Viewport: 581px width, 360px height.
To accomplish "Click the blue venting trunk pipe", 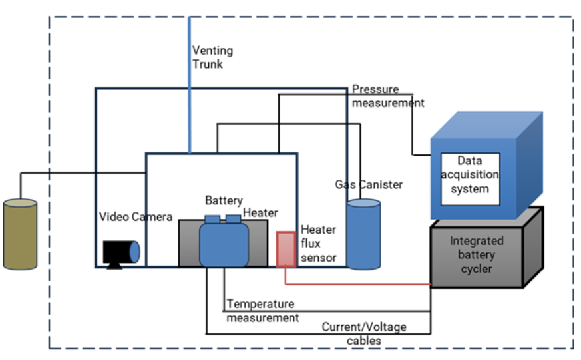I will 190,80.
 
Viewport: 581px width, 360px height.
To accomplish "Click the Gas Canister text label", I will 369,184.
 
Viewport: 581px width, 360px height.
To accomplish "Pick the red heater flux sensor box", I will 286,250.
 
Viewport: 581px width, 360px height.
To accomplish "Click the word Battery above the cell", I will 224,200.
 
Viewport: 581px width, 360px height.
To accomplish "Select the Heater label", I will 260,213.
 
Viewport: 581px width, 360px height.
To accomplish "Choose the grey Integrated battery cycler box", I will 477,256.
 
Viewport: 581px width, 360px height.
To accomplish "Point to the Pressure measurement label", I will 387,96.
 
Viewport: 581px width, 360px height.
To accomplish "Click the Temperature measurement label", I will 262,311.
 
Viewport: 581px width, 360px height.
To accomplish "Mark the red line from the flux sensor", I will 359,284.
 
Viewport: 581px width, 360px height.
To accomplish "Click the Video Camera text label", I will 136,216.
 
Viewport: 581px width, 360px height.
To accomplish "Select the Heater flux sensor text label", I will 318,244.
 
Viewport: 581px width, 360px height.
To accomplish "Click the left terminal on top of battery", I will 212,219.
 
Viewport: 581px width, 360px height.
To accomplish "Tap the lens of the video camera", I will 134,252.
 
